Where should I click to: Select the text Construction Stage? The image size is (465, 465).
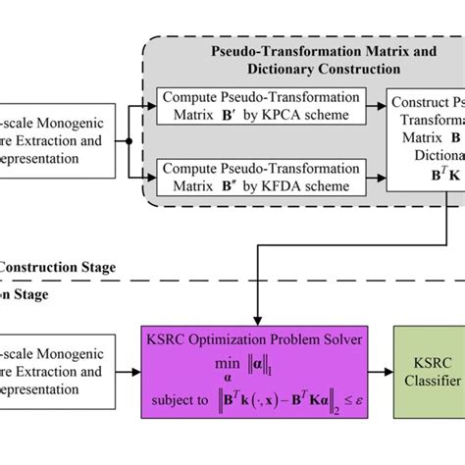(59, 266)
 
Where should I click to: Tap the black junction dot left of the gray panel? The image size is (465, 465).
(129, 140)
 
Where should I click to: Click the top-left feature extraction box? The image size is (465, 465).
(49, 140)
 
